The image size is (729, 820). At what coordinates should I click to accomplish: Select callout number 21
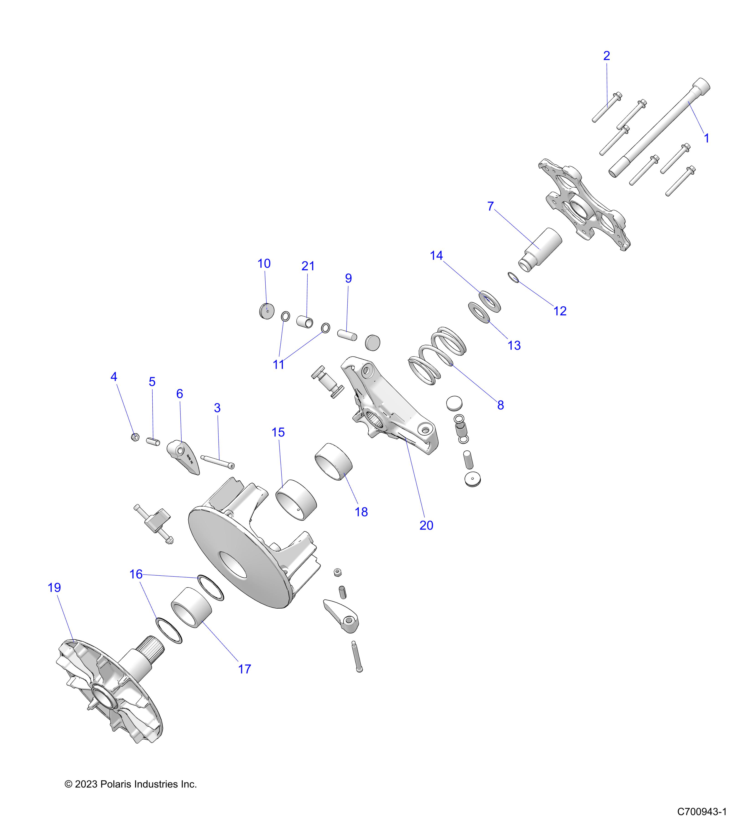tap(308, 266)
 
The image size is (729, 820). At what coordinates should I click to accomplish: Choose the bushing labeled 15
tap(296, 500)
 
